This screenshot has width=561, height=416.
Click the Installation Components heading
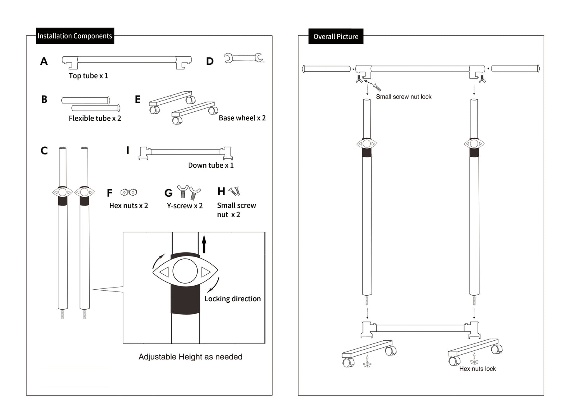pos(75,36)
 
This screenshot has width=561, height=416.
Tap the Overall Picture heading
pos(336,36)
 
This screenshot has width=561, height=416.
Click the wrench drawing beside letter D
pos(243,58)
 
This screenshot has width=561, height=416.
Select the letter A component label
pos(44,61)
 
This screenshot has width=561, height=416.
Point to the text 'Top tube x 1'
pos(88,76)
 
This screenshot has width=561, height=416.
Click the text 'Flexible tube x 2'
pos(95,118)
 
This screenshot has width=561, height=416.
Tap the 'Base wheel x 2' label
pos(242,118)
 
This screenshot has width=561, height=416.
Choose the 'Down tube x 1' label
pos(210,165)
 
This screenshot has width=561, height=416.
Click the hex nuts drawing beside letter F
pos(129,192)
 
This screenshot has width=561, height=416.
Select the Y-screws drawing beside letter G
pos(189,192)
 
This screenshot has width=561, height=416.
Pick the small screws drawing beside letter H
pos(234,191)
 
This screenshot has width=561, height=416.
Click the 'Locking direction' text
pos(233,299)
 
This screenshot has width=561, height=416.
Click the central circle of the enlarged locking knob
pos(185,271)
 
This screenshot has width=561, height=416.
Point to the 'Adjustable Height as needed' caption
pos(190,357)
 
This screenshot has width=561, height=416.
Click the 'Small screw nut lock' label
pos(403,97)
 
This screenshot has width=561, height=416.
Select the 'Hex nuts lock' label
pos(477,369)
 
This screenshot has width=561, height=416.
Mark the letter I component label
pos(127,151)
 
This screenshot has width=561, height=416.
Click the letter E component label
pos(137,100)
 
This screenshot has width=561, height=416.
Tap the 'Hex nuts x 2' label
pos(129,206)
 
